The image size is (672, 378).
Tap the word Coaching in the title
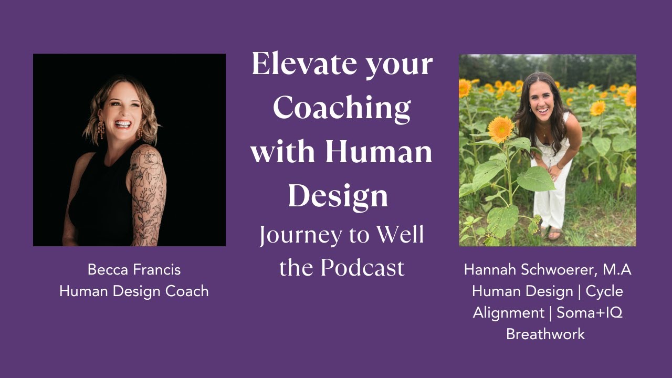pyautogui.click(x=341, y=108)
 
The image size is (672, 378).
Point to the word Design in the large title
pyautogui.click(x=338, y=195)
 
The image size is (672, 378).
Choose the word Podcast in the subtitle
pyautogui.click(x=363, y=267)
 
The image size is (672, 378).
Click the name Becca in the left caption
pyautogui.click(x=107, y=270)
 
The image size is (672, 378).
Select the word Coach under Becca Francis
pyautogui.click(x=187, y=291)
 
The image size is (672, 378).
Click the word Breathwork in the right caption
pyautogui.click(x=545, y=334)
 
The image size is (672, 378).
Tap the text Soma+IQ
pyautogui.click(x=589, y=312)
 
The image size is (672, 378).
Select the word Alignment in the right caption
pyautogui.click(x=508, y=312)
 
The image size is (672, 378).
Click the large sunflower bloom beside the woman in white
pyautogui.click(x=501, y=129)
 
